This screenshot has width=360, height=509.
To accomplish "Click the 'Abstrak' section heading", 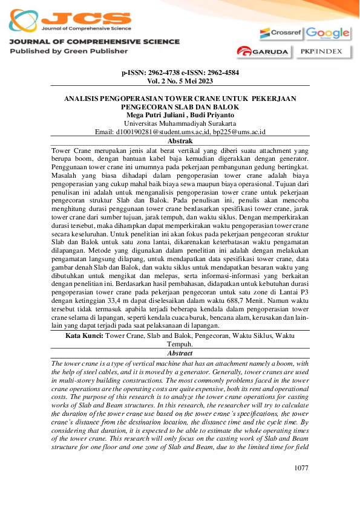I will pos(180,140).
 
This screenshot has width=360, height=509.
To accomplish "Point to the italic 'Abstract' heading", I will pos(180,352).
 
